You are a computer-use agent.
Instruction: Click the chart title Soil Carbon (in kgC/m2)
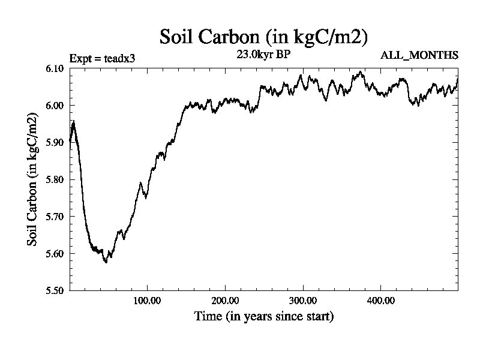pos(264,37)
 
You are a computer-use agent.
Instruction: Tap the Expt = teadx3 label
pos(102,58)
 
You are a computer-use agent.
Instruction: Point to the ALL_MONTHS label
pos(419,56)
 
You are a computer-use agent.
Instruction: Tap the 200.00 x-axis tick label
pos(224,300)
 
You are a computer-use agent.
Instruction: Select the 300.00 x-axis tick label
pos(302,300)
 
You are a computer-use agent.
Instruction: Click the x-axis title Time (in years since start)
pos(264,316)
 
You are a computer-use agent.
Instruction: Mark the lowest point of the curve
pos(106,262)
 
